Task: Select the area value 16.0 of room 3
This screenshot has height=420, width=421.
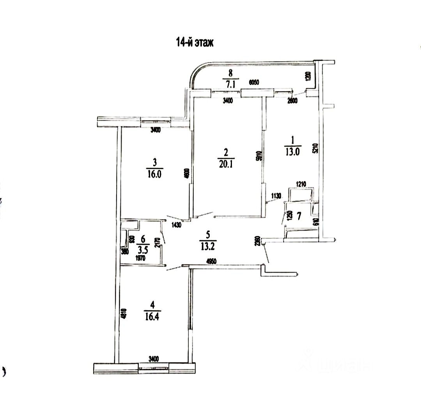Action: [155, 174]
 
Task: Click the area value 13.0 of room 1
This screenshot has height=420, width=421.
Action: [292, 152]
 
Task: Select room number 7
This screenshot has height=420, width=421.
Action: [299, 215]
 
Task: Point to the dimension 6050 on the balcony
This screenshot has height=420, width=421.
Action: [254, 82]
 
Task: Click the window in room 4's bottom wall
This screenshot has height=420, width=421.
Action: [154, 367]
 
